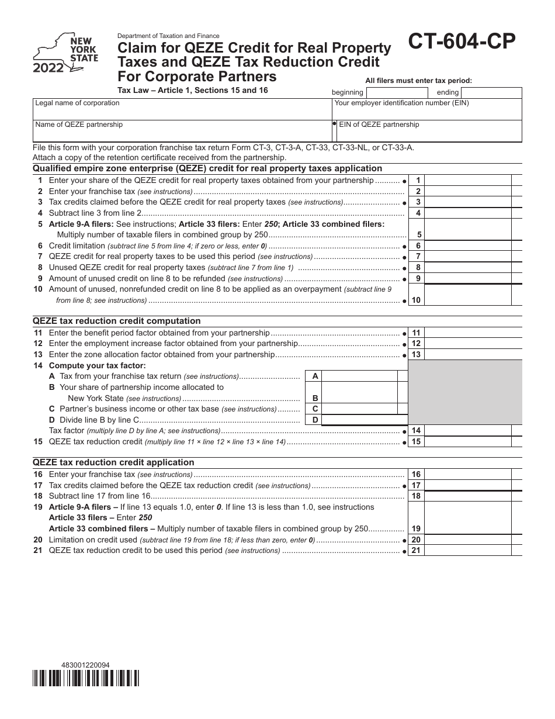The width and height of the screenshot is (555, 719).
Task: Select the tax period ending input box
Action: [491, 92]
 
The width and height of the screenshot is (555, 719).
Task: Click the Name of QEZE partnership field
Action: [182, 131]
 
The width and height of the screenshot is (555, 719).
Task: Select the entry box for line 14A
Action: [359, 376]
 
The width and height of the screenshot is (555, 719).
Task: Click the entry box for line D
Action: [359, 420]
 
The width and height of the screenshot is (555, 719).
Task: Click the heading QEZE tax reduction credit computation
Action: [117, 321]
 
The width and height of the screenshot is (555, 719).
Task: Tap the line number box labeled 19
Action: [416, 528]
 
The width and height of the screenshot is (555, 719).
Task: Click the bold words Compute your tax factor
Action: [97, 366]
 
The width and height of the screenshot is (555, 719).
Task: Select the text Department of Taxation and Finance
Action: [169, 36]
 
